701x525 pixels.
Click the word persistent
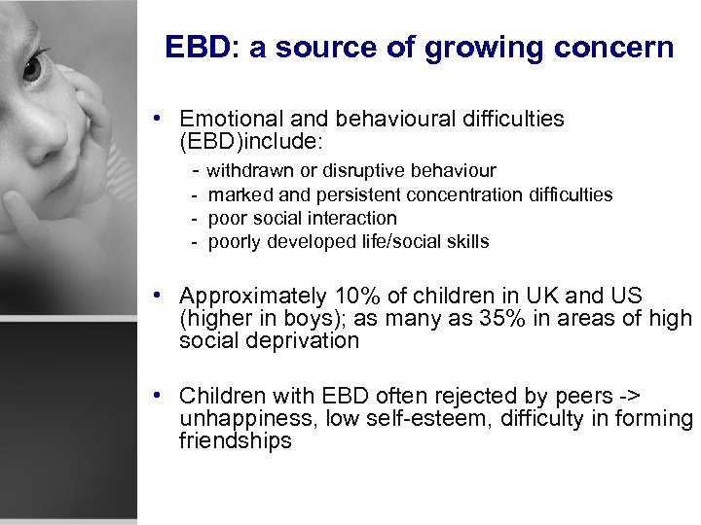tap(357, 194)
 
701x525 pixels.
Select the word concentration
tap(466, 194)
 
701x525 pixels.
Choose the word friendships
tap(235, 440)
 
